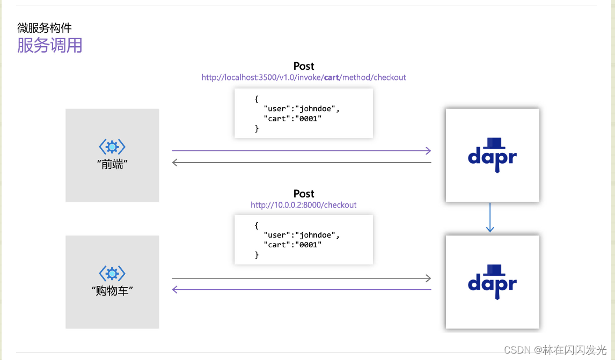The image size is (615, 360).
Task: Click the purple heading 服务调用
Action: (x=50, y=45)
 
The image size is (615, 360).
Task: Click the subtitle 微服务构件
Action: (x=45, y=28)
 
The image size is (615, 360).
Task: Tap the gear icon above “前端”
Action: (x=112, y=146)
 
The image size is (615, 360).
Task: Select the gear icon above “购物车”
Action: (x=112, y=274)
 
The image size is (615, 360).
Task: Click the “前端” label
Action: (x=112, y=164)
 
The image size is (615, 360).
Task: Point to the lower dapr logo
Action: (x=492, y=282)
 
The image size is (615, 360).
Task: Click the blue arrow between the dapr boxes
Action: (x=490, y=217)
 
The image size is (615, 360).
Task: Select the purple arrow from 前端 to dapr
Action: (x=301, y=151)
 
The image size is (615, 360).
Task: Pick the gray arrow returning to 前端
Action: (x=301, y=163)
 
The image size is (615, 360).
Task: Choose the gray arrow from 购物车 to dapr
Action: (x=301, y=278)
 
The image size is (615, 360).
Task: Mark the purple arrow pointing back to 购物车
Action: (x=301, y=290)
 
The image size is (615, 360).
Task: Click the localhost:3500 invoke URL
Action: (x=304, y=77)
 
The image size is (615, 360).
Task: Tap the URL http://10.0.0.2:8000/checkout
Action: (x=304, y=205)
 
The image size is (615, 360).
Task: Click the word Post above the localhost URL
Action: (x=304, y=66)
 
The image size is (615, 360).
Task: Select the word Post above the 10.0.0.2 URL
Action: (x=304, y=194)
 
